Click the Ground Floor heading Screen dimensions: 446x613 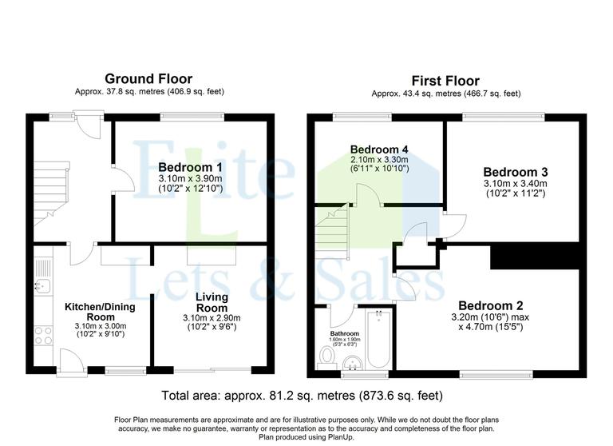click(x=149, y=79)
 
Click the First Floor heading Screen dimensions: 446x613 click(x=445, y=81)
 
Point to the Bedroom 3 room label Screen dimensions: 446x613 click(x=515, y=172)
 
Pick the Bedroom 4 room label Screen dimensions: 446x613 click(x=379, y=149)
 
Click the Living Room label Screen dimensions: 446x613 click(x=212, y=303)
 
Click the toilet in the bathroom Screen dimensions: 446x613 click(x=326, y=354)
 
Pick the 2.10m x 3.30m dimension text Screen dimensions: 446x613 click(x=379, y=159)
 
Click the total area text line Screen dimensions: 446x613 click(x=302, y=395)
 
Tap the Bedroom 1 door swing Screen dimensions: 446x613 click(x=120, y=181)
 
